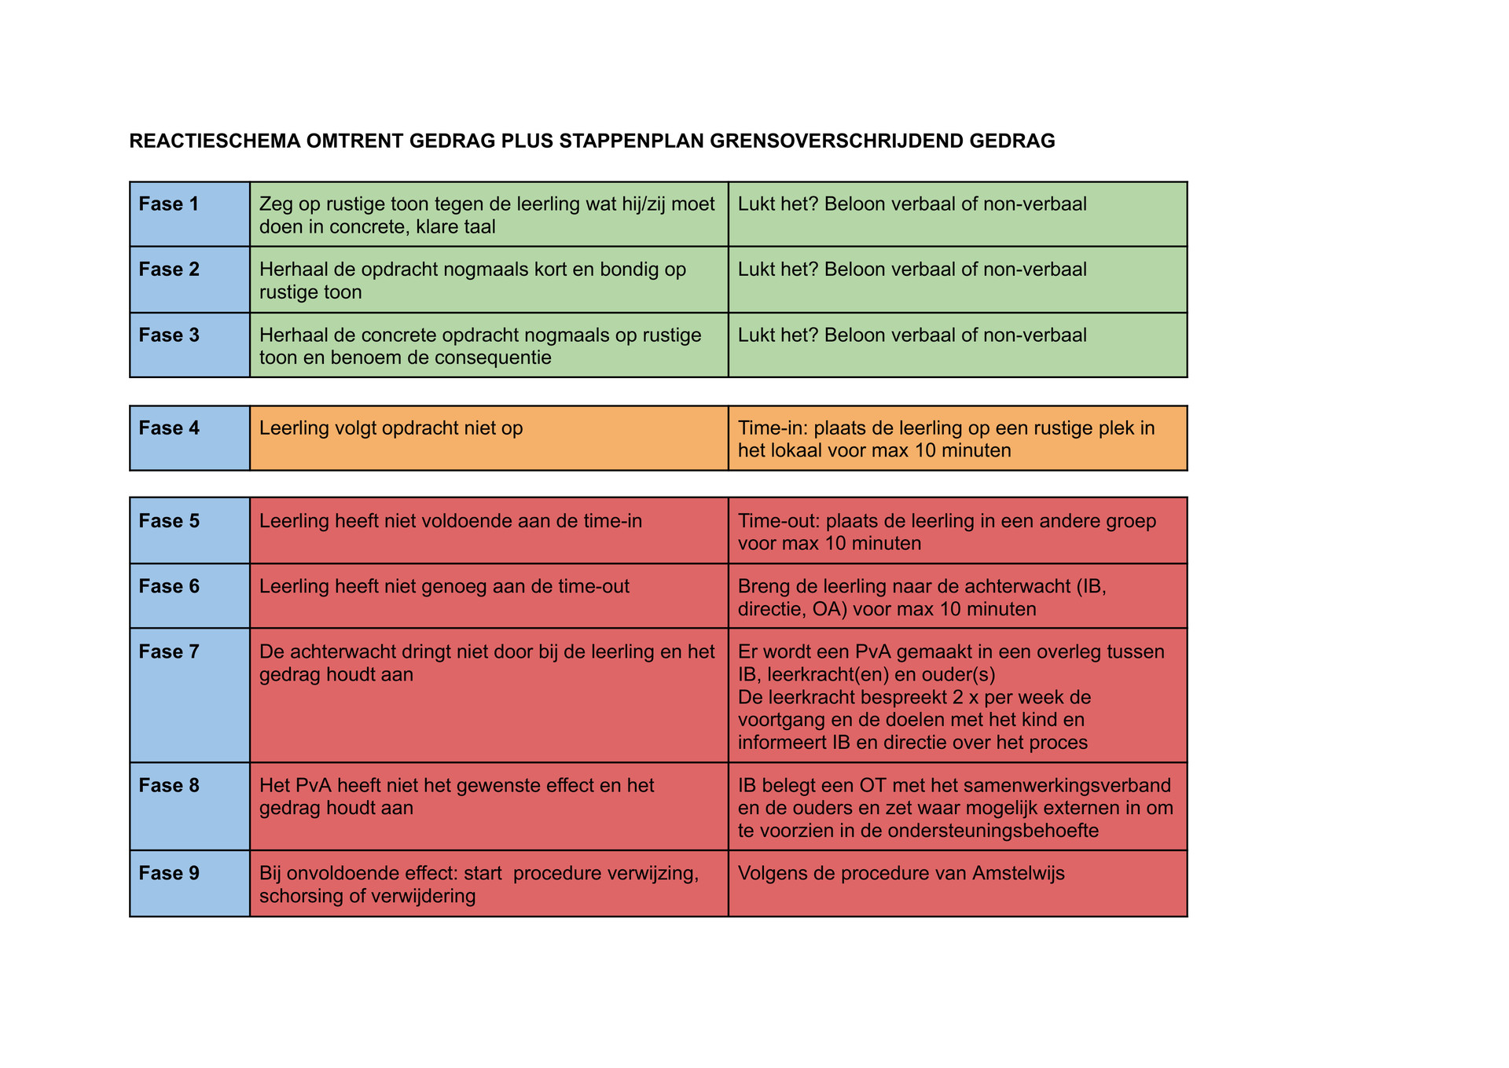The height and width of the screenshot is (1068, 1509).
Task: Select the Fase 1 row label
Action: [x=168, y=204]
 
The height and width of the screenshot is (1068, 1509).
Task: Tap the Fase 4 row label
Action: [x=168, y=428]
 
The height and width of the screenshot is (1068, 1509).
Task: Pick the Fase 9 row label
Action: [x=168, y=873]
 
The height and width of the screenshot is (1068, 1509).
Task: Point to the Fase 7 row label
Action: [x=168, y=651]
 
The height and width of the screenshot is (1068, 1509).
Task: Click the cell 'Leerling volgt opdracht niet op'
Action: [x=391, y=428]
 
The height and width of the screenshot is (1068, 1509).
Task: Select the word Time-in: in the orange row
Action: [x=773, y=428]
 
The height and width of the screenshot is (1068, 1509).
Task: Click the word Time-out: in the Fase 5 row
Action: [x=778, y=521]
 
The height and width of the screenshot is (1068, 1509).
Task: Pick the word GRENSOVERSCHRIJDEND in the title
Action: [x=836, y=141]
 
